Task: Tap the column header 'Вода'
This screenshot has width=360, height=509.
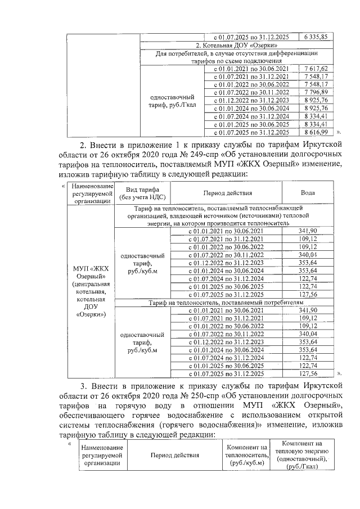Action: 308,193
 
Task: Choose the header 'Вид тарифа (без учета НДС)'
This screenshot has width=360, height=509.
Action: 142,193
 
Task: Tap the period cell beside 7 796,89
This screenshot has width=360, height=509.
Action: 248,92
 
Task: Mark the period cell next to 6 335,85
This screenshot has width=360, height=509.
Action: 248,37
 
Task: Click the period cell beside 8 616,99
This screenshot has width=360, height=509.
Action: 248,132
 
